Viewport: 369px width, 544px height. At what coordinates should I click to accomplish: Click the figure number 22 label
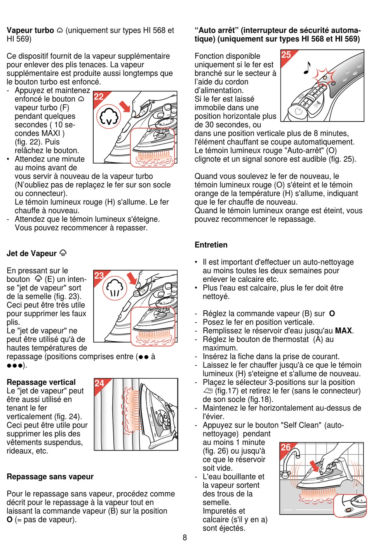[x=99, y=96]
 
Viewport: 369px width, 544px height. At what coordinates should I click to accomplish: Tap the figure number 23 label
[x=99, y=275]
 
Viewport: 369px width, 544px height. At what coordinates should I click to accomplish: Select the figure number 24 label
[x=99, y=383]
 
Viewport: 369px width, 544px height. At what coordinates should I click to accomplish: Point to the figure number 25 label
[x=286, y=55]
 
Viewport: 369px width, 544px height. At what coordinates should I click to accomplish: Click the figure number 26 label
[x=285, y=447]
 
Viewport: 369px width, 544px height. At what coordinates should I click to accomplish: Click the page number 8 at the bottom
[x=185, y=537]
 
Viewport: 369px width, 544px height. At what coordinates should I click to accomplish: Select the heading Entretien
[x=211, y=245]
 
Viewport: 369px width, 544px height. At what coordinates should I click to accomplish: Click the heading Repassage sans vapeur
[x=50, y=477]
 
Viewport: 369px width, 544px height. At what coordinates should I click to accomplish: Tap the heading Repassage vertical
[x=41, y=382]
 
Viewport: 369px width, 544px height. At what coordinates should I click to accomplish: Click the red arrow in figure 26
[x=314, y=466]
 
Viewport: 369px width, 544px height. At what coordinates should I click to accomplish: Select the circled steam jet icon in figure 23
[x=115, y=288]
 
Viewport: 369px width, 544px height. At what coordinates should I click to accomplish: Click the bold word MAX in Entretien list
[x=343, y=331]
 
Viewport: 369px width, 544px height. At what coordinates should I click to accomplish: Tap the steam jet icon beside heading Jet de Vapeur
[x=63, y=254]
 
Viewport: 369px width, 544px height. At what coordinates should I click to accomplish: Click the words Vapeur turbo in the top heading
[x=30, y=30]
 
